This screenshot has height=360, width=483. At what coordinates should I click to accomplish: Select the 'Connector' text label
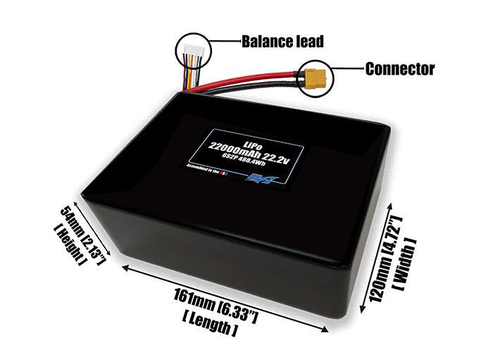tap(399, 69)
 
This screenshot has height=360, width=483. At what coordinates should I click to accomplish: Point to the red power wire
tap(253, 75)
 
